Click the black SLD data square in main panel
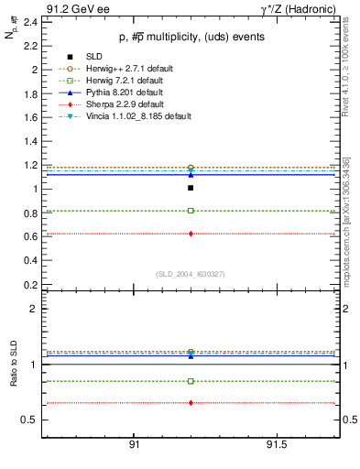point(191,188)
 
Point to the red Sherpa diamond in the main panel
point(191,234)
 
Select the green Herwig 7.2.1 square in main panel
point(191,211)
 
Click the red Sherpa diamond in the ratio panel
point(191,403)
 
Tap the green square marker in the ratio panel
point(191,381)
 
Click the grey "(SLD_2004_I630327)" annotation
point(190,274)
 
